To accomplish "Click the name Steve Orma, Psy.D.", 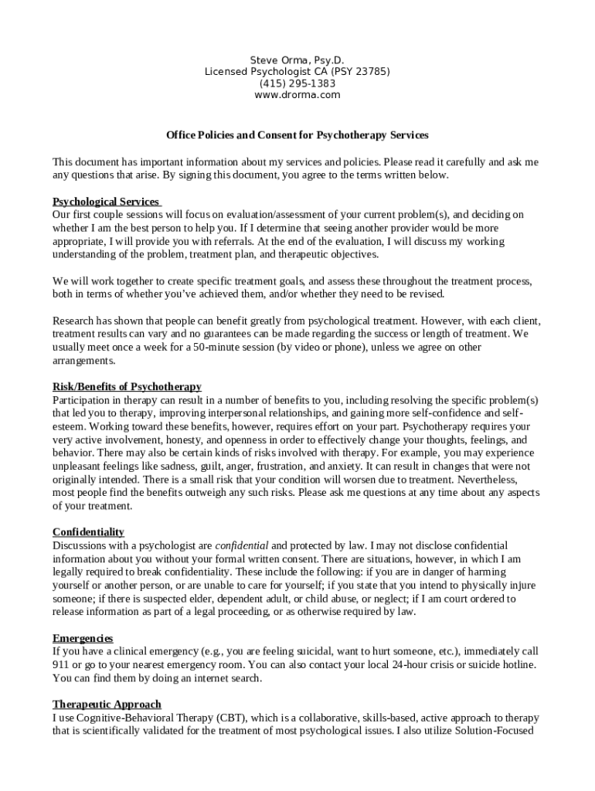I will [297, 59].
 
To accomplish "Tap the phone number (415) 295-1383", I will [297, 83].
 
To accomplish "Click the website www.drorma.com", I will [297, 95].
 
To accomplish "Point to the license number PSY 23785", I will [357, 72].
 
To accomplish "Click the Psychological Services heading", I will [106, 202].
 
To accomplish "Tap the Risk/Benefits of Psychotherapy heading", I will [127, 387].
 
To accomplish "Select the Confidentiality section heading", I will [88, 532].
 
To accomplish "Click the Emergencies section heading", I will [83, 638].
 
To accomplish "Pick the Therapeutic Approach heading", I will [107, 704].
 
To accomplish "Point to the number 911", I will [61, 665].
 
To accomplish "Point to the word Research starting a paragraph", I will [74, 321].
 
